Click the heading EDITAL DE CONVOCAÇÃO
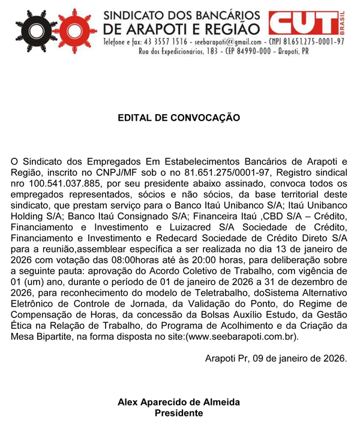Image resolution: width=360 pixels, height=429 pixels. [179, 118]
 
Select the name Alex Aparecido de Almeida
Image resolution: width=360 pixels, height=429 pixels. [179, 402]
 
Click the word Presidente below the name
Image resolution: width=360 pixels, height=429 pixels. [179, 413]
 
